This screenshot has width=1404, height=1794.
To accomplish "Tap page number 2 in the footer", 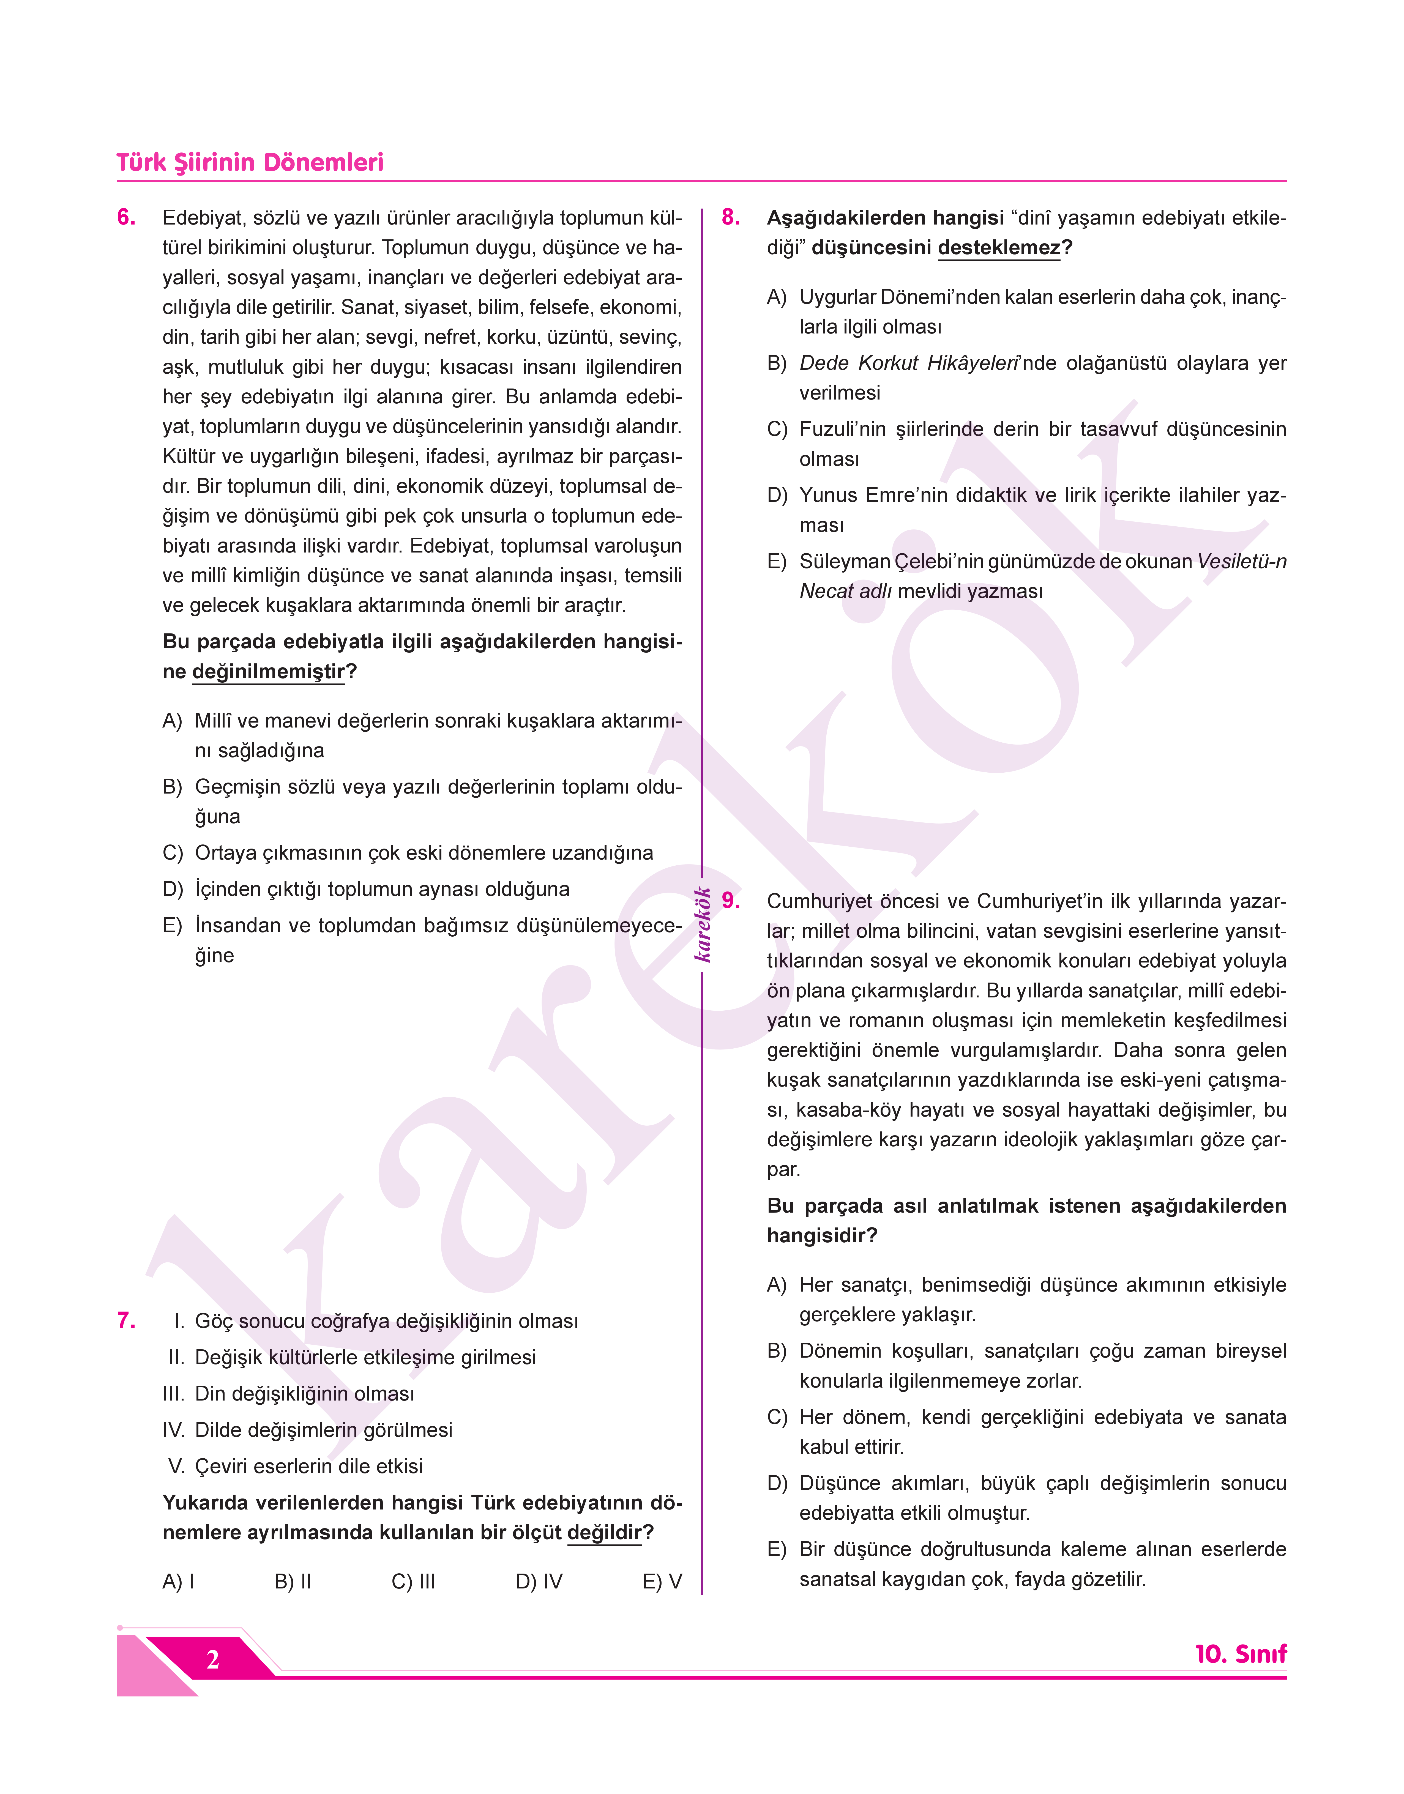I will point(213,1660).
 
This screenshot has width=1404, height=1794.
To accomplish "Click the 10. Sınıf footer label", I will point(1241,1654).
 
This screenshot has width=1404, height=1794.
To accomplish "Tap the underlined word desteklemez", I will point(999,248).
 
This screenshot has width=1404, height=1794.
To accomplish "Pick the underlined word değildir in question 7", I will point(604,1533).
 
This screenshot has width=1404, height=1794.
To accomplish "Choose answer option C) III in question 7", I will point(414,1582).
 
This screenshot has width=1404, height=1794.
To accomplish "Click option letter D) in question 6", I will point(173,889).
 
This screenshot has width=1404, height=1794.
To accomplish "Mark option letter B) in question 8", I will point(777,363).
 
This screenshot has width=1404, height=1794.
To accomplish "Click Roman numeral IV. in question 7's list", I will point(174,1430).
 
